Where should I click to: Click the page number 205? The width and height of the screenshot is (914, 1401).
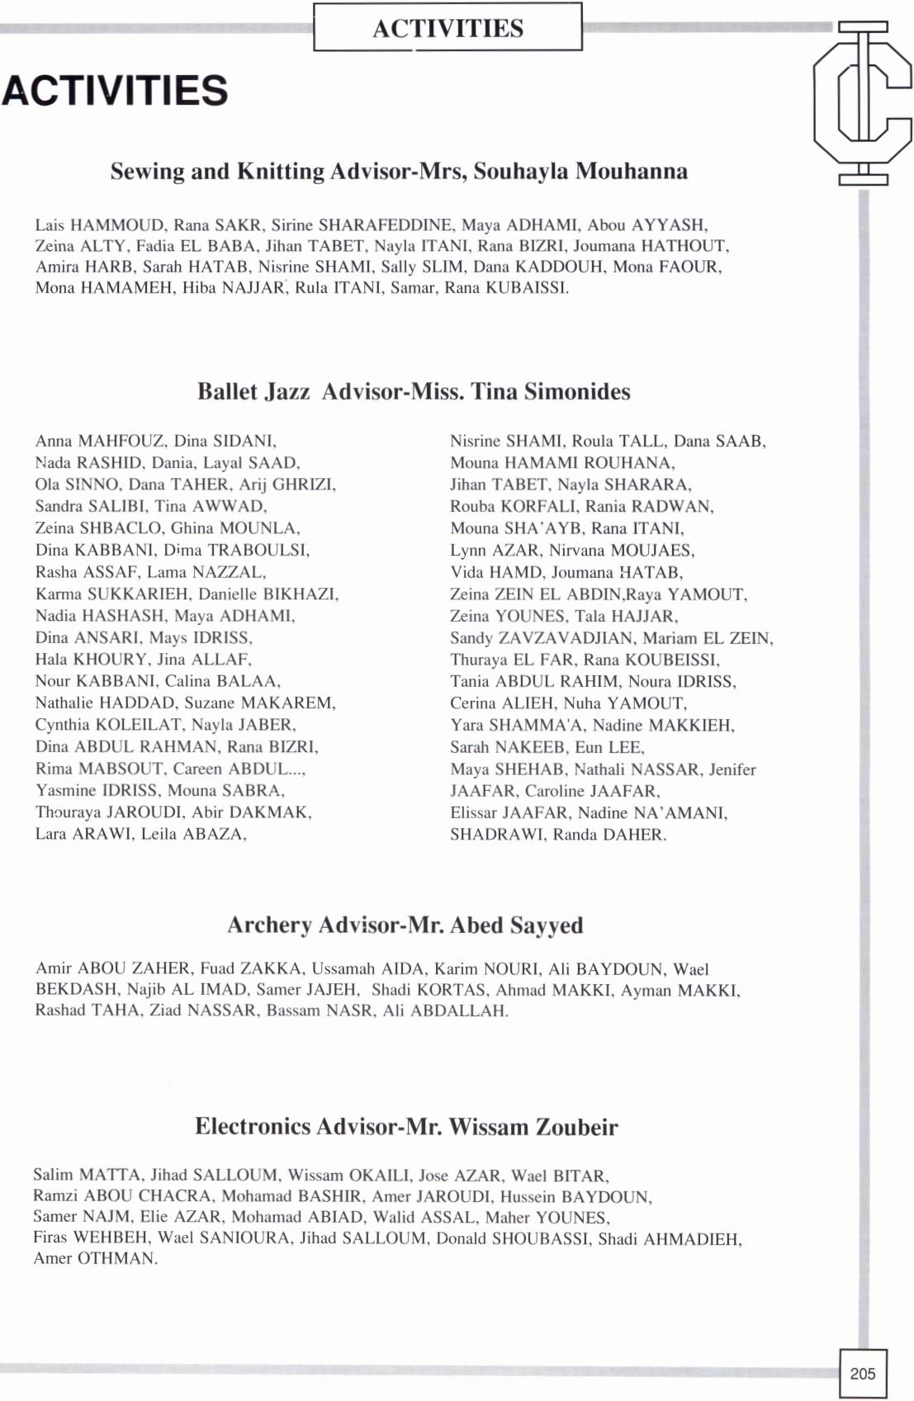[x=862, y=1374]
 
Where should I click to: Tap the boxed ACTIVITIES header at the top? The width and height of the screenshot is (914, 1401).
[x=448, y=28]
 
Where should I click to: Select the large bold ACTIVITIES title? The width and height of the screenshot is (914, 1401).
[x=115, y=91]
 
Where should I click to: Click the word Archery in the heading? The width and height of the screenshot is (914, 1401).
[x=269, y=925]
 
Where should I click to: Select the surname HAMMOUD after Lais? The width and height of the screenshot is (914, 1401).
[x=116, y=225]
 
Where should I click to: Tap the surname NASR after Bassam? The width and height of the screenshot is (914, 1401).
[x=348, y=1011]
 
